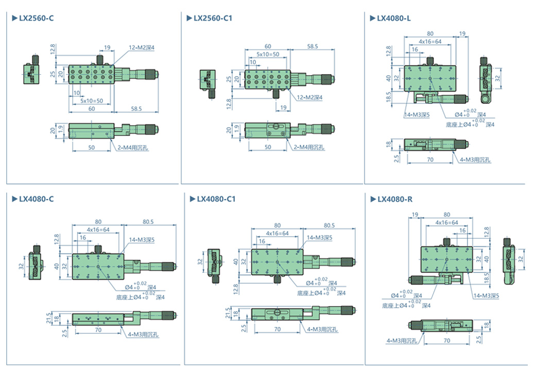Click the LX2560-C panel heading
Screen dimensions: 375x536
[x=36, y=19]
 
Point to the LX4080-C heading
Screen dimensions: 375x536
[x=36, y=199]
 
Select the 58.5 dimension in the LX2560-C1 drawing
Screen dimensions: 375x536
[x=312, y=46]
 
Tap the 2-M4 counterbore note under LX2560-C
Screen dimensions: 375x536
[x=131, y=148]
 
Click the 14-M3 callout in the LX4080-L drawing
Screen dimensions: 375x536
[x=417, y=114]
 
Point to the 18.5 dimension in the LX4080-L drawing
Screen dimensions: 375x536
[x=389, y=97]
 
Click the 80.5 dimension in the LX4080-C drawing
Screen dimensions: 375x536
[x=149, y=222]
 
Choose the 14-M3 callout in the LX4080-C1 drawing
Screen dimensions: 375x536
[x=319, y=238]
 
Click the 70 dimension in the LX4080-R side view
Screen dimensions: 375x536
[x=446, y=341]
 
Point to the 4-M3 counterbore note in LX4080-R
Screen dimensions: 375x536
[x=402, y=341]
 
